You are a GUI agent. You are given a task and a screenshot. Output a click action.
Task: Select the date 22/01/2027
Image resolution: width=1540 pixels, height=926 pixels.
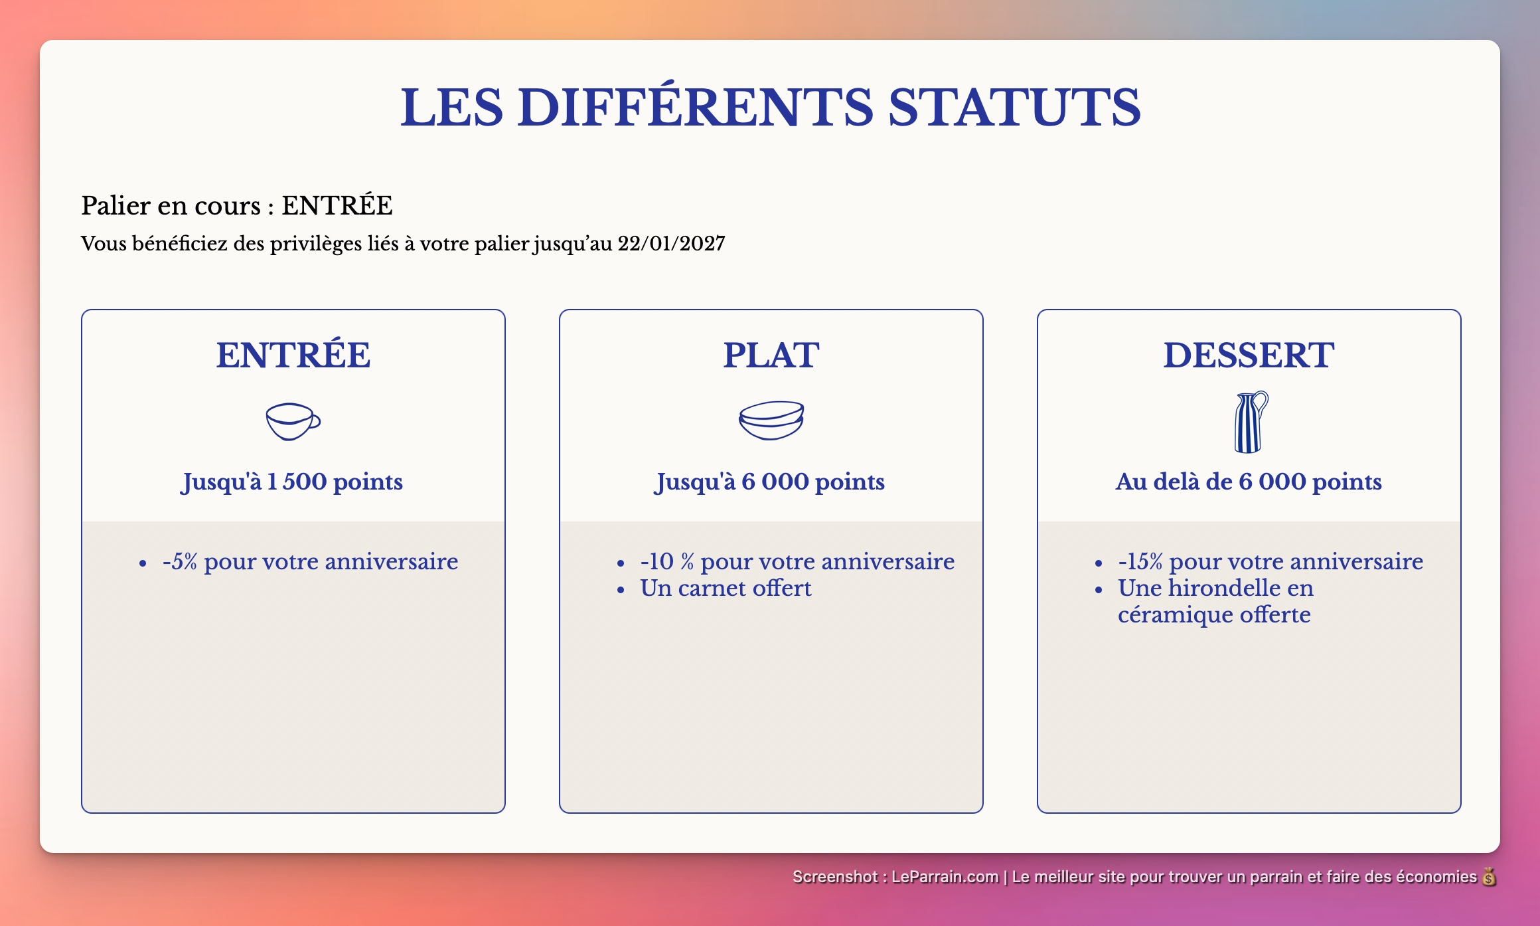(x=671, y=244)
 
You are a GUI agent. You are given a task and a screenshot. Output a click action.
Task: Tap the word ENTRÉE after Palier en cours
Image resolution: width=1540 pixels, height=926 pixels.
(x=337, y=206)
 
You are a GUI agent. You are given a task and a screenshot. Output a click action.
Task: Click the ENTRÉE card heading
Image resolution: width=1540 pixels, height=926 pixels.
(x=293, y=355)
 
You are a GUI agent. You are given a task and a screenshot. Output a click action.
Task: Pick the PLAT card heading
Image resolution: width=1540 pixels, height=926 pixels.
(x=771, y=355)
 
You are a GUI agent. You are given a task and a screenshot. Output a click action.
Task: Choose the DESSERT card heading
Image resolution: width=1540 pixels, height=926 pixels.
(x=1249, y=355)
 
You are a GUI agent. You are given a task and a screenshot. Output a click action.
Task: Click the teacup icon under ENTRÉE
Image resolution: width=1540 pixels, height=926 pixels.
(x=293, y=421)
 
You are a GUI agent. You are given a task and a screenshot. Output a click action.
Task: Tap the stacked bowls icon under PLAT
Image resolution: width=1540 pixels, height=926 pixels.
(x=771, y=420)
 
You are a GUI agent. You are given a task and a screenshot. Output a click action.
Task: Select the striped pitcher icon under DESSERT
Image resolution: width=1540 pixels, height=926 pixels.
(x=1250, y=422)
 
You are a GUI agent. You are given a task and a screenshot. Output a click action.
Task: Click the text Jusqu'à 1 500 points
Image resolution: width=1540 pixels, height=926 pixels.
(x=293, y=482)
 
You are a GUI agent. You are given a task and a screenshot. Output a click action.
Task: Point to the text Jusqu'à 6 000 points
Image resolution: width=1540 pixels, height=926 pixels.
(x=770, y=482)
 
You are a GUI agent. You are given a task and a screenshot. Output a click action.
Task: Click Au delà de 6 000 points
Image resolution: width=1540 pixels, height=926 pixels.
(x=1249, y=482)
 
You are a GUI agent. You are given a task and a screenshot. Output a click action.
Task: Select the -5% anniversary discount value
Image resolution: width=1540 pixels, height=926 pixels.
(x=180, y=562)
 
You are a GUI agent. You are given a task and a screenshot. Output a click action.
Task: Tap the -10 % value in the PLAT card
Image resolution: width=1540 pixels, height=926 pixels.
(x=666, y=562)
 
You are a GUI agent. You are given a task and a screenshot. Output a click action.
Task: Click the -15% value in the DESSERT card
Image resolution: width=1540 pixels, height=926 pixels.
(x=1140, y=562)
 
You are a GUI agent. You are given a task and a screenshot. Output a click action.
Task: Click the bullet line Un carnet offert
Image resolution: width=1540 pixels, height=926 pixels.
(x=726, y=589)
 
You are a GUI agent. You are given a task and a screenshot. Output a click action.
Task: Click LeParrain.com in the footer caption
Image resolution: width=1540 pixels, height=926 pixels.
(x=945, y=877)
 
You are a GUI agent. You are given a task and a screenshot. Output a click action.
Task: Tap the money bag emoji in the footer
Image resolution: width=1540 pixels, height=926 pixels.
(x=1489, y=877)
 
